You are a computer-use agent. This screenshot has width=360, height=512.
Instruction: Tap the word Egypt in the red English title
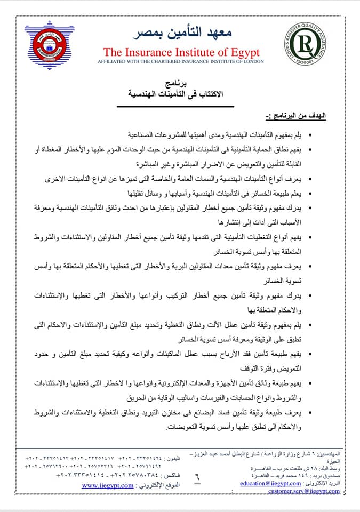tap(243, 52)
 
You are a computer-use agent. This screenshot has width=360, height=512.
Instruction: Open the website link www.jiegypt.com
tap(107, 485)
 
